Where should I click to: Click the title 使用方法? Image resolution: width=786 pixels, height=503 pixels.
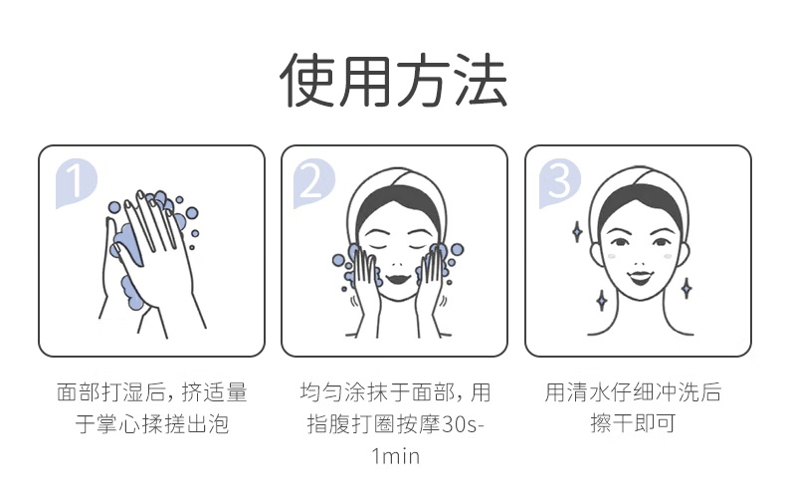coord(394,81)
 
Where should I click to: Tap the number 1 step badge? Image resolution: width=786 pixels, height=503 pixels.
coord(76,182)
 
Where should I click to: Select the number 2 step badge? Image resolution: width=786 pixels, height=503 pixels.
coord(313,182)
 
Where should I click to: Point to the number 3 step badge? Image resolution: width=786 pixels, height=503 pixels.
coord(559,182)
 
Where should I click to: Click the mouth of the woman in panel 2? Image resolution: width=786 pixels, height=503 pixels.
coord(399,278)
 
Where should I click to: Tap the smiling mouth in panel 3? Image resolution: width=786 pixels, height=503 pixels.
coord(641,277)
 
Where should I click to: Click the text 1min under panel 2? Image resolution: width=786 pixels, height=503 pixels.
coord(395,456)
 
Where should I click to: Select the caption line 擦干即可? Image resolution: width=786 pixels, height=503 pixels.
coord(633,422)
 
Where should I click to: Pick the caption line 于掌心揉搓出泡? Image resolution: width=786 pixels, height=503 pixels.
coord(152,423)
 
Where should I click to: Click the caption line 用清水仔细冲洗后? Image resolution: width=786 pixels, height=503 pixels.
coord(633,392)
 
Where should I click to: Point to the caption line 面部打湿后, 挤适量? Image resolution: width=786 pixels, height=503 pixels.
coord(152,392)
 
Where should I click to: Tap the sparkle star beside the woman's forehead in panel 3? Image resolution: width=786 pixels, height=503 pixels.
coord(577,232)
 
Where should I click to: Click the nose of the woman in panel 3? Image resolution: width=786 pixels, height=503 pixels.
coord(641,262)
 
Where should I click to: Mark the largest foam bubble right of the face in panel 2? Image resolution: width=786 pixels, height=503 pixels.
coord(457,249)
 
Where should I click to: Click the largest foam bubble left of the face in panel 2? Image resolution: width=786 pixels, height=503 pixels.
coord(339,260)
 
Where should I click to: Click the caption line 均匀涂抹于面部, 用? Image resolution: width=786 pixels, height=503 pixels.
coord(395,392)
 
